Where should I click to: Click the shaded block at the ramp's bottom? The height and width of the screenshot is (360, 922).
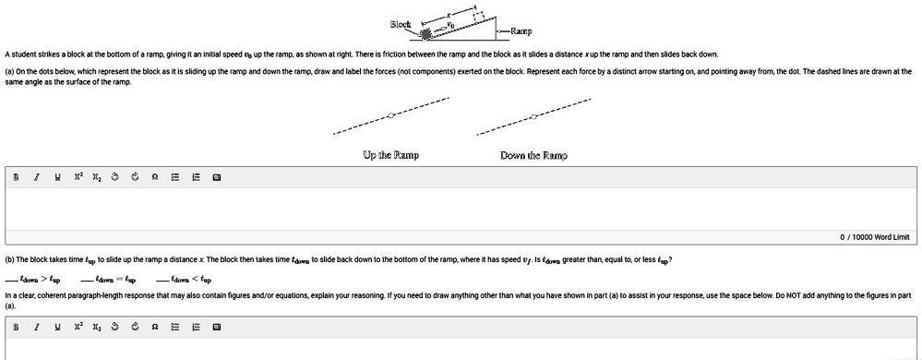click(x=426, y=34)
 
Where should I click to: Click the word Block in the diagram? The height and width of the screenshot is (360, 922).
click(x=401, y=24)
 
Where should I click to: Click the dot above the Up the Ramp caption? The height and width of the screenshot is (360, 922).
click(x=391, y=115)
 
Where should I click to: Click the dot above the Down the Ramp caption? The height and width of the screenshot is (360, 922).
click(x=534, y=116)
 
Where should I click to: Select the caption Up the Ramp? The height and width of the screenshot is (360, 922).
click(x=391, y=155)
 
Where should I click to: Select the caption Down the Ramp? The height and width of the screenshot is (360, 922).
click(x=533, y=155)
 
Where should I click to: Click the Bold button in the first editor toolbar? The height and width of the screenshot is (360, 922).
click(x=14, y=177)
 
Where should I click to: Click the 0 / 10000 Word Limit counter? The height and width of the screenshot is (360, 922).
click(x=874, y=237)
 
